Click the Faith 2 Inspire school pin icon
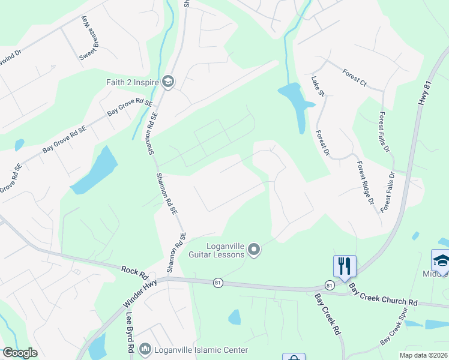tap(168, 82)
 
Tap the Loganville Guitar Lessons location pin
tap(254, 249)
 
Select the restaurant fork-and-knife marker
tap(345, 265)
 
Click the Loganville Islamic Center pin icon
tap(145, 349)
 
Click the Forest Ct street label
tap(354, 77)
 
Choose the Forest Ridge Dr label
tap(366, 183)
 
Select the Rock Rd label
tap(134, 272)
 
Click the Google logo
tap(20, 353)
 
